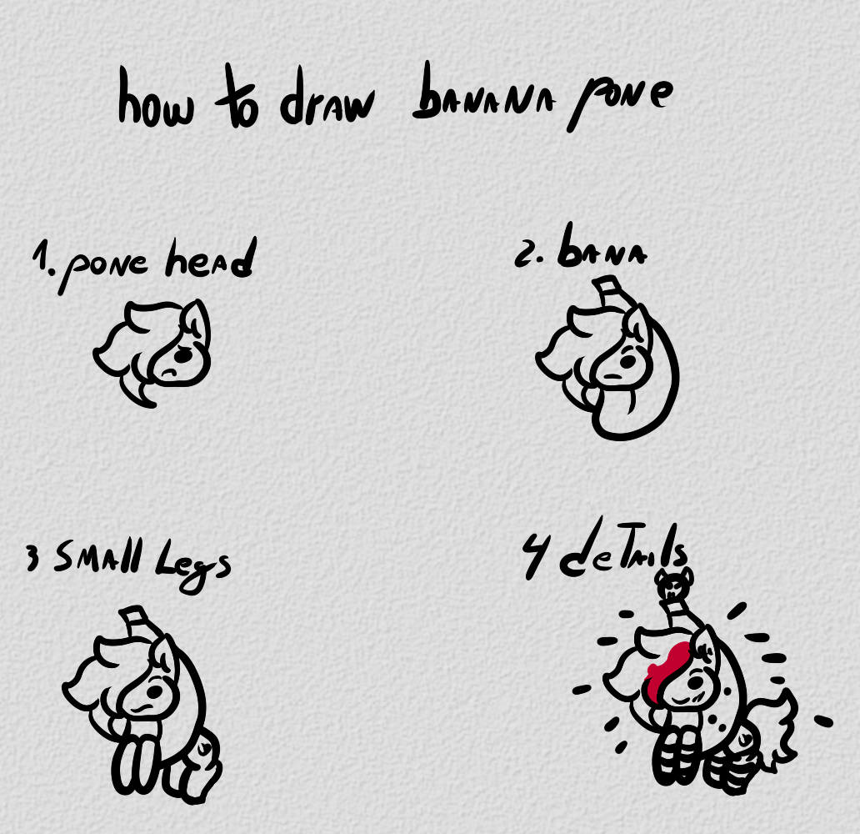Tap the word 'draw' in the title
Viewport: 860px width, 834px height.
[x=327, y=98]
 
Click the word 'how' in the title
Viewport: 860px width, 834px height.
[x=157, y=98]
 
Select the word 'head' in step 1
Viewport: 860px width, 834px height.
[x=211, y=259]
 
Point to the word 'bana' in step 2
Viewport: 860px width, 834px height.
[x=602, y=247]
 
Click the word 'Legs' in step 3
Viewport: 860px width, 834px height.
[x=192, y=566]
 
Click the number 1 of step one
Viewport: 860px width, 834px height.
[x=41, y=258]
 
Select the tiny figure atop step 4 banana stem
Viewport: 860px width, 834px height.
[x=673, y=584]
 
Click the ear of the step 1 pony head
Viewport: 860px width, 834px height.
[x=197, y=319]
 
